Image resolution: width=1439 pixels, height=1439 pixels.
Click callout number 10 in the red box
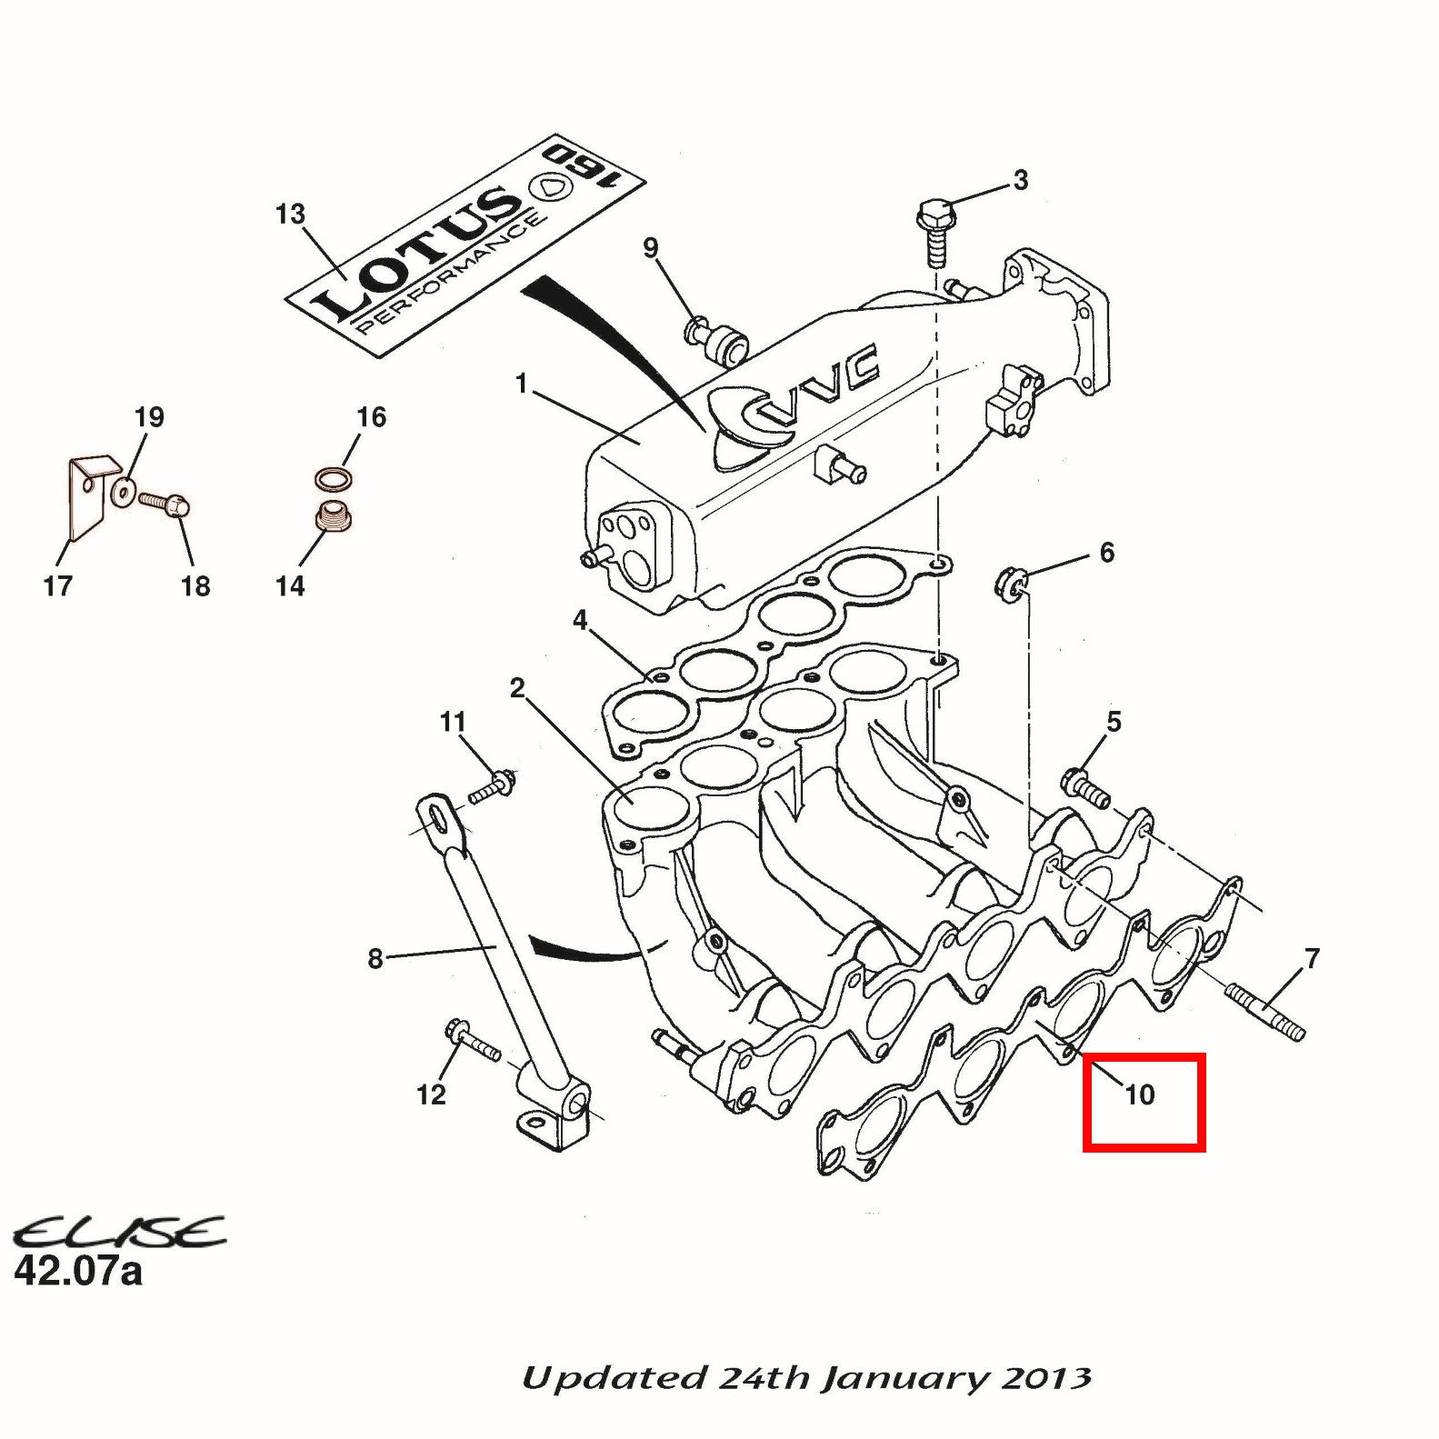point(1139,1094)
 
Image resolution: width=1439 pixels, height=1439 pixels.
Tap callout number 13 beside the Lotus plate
point(290,215)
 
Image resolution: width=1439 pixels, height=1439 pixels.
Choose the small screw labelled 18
point(165,501)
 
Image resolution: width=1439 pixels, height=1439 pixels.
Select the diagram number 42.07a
point(78,1270)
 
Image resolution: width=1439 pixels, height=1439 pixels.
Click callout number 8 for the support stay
point(375,958)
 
